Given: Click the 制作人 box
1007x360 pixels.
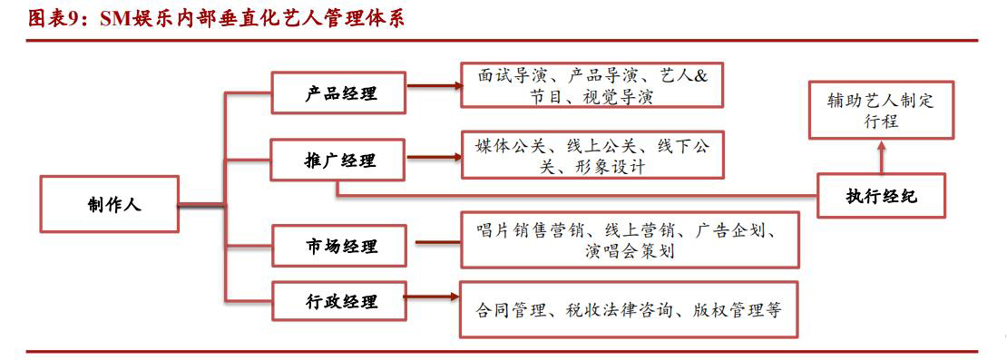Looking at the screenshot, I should pyautogui.click(x=108, y=204).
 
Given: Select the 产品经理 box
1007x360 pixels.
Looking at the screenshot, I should pyautogui.click(x=339, y=92).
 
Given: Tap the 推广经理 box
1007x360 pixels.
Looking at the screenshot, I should pyautogui.click(x=339, y=161).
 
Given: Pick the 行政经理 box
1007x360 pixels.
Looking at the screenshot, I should pyautogui.click(x=339, y=302).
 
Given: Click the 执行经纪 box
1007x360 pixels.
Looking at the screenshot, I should pyautogui.click(x=882, y=196).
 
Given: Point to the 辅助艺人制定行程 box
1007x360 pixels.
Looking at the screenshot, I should pyautogui.click(x=881, y=110).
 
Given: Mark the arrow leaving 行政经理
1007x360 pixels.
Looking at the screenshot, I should pyautogui.click(x=431, y=296).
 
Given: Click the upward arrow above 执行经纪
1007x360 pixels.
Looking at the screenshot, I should pyautogui.click(x=881, y=158).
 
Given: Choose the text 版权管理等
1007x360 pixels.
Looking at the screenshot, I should pyautogui.click(x=730, y=309).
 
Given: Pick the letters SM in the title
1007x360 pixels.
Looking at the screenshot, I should pyautogui.click(x=122, y=18).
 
